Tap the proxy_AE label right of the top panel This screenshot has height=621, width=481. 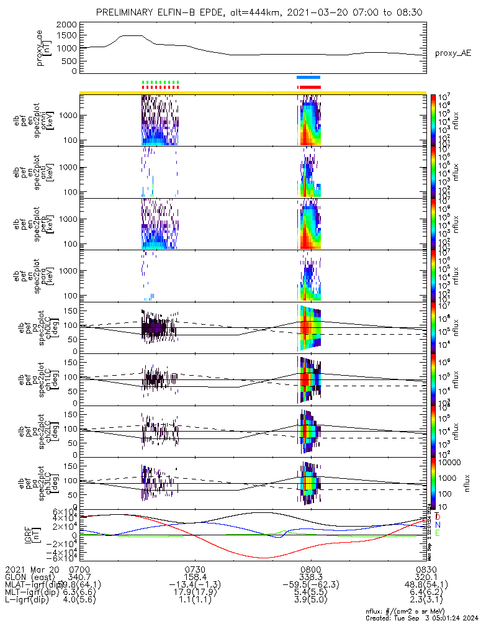click(x=453, y=54)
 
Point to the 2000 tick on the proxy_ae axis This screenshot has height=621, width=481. click(x=70, y=24)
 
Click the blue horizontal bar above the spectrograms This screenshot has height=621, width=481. click(x=308, y=77)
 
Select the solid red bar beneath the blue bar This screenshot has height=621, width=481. click(x=310, y=87)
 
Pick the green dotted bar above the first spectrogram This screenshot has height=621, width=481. click(x=160, y=82)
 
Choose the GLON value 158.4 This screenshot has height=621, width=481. click(x=195, y=577)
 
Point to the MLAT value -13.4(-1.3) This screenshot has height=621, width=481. click(x=195, y=584)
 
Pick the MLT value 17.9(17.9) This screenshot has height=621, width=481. click(x=195, y=592)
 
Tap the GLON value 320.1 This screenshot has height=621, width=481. click(x=426, y=577)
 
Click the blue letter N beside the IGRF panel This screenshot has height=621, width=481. click(x=437, y=525)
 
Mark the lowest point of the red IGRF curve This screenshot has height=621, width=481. click(x=264, y=558)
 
